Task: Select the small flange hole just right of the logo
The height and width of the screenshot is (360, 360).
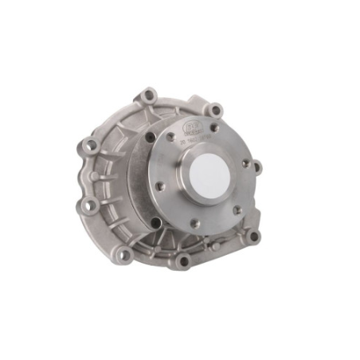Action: [x=213, y=127]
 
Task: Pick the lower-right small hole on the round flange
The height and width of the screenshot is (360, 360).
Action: [x=237, y=209]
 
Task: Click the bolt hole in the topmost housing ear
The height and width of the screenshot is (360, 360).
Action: [x=149, y=96]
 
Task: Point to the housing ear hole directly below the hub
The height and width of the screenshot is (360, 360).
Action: [x=184, y=260]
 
